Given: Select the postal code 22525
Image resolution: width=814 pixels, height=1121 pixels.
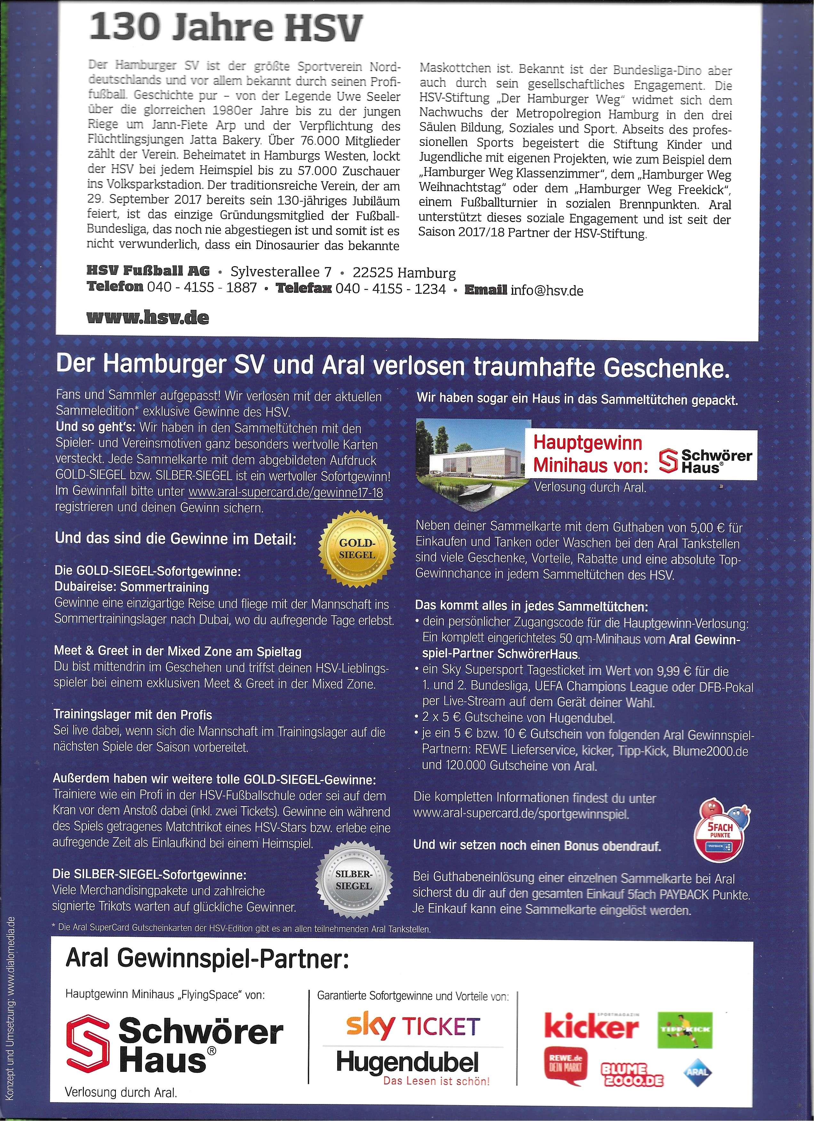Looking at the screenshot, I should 373,273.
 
